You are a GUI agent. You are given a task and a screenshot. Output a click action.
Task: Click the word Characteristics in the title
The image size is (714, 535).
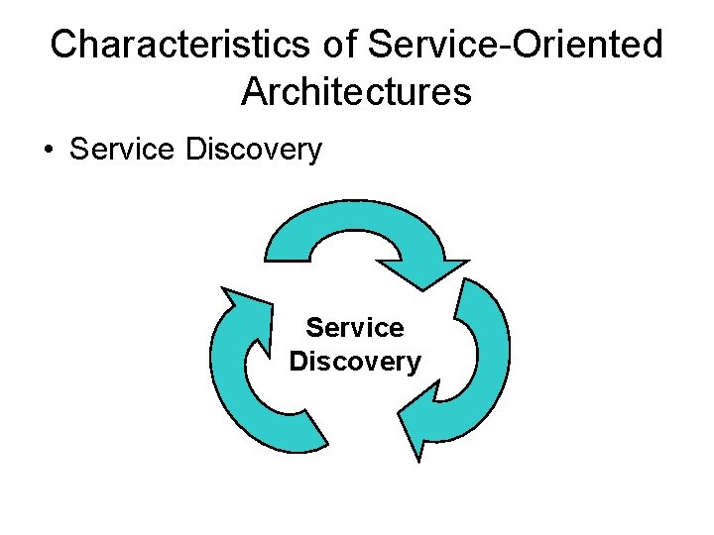pyautogui.click(x=184, y=44)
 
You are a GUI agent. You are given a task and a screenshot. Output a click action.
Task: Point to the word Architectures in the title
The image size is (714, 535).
pyautogui.click(x=356, y=91)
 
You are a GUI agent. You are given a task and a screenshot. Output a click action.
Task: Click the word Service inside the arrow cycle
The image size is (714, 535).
pyautogui.click(x=355, y=327)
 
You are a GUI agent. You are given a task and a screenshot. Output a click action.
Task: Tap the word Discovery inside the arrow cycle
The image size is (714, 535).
pyautogui.click(x=355, y=362)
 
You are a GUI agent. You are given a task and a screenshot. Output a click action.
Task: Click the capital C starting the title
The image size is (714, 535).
pyautogui.click(x=64, y=44)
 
